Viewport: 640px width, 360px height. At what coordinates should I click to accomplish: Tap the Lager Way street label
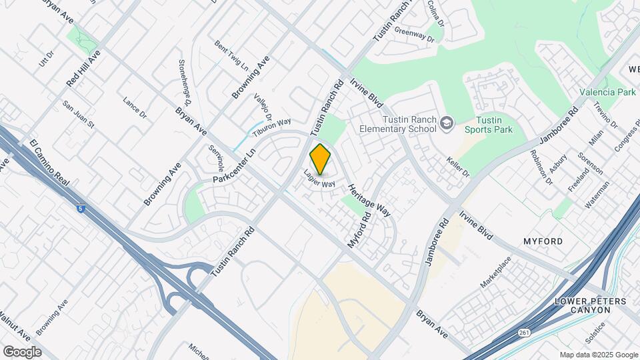pyautogui.click(x=319, y=179)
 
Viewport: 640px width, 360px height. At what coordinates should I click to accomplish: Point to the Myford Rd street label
pyautogui.click(x=358, y=231)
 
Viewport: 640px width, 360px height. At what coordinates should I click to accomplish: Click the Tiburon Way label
pyautogui.click(x=271, y=126)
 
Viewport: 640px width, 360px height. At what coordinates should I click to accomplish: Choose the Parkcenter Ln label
pyautogui.click(x=235, y=166)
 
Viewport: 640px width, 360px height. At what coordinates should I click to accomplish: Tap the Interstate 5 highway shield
pyautogui.click(x=81, y=209)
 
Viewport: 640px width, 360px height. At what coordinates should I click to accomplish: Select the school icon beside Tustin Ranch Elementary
pyautogui.click(x=446, y=122)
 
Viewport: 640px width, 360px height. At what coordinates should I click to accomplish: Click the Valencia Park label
pyautogui.click(x=607, y=93)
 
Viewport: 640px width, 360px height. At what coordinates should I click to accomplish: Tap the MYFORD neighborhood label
pyautogui.click(x=543, y=241)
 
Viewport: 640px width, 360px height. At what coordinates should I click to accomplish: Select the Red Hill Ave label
pyautogui.click(x=83, y=68)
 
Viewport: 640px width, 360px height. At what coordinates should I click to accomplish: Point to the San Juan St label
pyautogui.click(x=79, y=114)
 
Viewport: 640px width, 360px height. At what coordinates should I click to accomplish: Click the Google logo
pyautogui.click(x=22, y=351)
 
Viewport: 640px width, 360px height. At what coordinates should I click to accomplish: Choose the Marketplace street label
pyautogui.click(x=495, y=272)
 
